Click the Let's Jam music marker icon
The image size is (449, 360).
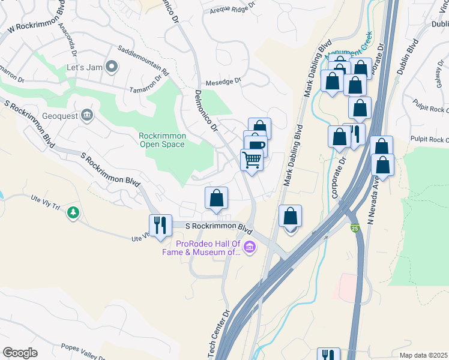(x=111, y=67)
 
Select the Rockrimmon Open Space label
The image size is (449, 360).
(x=162, y=140)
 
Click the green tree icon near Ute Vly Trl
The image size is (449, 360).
(x=73, y=212)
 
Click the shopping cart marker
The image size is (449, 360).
(x=252, y=160)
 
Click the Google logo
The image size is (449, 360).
(x=20, y=353)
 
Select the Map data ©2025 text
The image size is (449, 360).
(x=423, y=355)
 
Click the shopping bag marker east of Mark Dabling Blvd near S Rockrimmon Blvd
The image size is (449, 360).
(x=291, y=217)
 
